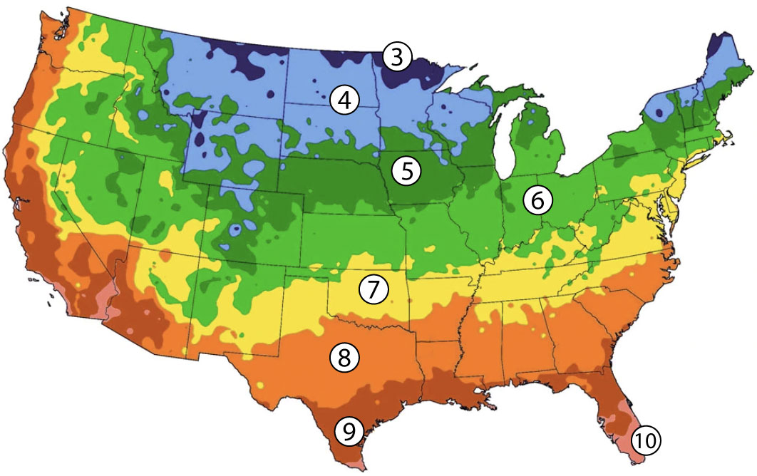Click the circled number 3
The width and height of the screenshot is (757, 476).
click(397, 57)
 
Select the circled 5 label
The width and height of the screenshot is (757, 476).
click(406, 171)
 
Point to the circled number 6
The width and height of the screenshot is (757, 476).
click(537, 201)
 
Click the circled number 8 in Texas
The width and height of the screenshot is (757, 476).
click(344, 358)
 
